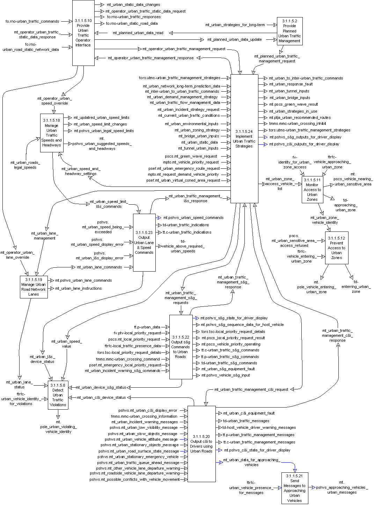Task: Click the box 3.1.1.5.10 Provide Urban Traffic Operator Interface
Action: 83,33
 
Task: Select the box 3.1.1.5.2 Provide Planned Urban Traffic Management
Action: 289,31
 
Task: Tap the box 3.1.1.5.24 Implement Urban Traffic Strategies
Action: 244,138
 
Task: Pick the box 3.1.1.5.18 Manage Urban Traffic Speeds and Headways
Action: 52,133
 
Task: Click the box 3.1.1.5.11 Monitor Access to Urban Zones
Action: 312,190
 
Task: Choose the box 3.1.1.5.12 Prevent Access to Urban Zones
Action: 337,248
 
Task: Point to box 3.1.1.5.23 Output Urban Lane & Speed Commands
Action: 144,242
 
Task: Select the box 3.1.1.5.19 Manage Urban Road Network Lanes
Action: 34,287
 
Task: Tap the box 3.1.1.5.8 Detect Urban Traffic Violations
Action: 58,395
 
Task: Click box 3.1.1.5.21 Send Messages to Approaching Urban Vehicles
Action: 295,488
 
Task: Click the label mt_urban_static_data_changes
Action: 133,5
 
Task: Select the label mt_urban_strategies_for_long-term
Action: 235,25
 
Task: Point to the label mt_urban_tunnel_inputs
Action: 289,91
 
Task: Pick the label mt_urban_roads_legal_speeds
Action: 25,165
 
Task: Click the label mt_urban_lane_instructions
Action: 79,289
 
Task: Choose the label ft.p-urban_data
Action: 147,327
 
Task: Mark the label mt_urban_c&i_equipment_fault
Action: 249,413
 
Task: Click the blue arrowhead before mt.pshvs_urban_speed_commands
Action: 159,218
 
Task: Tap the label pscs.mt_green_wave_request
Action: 191,157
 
